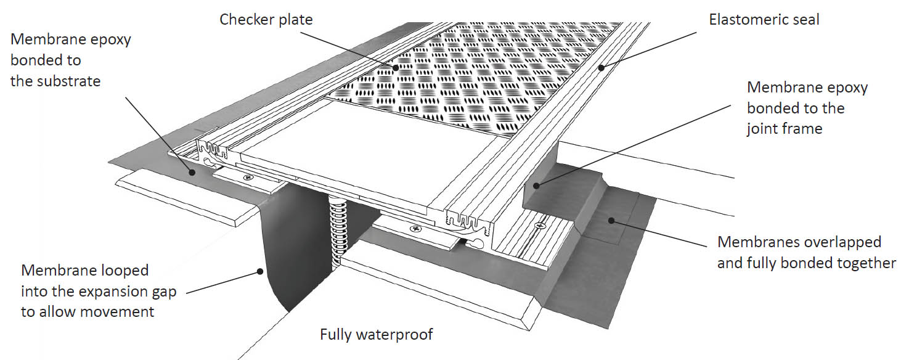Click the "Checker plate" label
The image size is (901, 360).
(266, 20)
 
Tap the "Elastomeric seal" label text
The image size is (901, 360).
(764, 20)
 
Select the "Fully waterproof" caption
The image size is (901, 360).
(376, 335)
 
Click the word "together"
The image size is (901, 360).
(866, 263)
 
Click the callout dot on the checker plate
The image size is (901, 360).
(396, 68)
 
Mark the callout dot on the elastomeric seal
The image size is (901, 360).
(601, 68)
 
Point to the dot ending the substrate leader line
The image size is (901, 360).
(192, 172)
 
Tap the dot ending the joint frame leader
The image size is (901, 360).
(536, 186)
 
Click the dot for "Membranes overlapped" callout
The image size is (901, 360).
(611, 221)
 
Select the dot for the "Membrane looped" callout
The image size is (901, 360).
(260, 271)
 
